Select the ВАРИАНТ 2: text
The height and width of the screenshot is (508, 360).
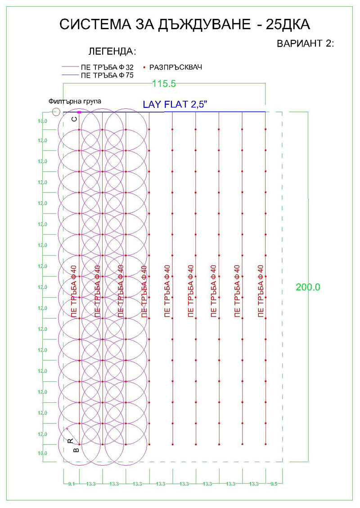click(305, 44)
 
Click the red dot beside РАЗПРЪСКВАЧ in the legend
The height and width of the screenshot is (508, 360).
click(144, 67)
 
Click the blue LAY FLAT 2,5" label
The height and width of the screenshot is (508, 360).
click(175, 105)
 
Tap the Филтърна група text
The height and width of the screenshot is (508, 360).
click(75, 102)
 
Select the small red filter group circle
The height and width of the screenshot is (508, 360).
click(56, 111)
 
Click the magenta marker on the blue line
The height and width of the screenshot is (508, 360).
click(79, 111)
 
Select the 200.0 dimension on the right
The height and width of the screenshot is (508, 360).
click(308, 287)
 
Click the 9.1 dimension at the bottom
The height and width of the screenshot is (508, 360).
click(71, 484)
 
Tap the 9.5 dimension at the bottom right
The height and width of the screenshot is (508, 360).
click(274, 484)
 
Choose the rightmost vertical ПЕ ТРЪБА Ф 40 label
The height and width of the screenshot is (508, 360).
click(261, 291)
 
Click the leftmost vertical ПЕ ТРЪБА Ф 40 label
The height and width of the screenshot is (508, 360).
click(74, 291)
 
